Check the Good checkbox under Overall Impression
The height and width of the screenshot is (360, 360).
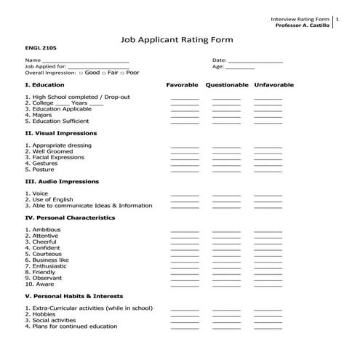click(x=80, y=73)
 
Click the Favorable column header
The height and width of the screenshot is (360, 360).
click(x=182, y=85)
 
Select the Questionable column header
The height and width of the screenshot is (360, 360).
click(x=227, y=85)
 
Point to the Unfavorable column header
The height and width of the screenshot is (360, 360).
click(x=273, y=85)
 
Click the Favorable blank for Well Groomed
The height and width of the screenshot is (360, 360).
click(x=185, y=152)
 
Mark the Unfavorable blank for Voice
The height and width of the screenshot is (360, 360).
click(x=268, y=194)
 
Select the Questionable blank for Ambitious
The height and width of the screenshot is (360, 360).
click(x=226, y=231)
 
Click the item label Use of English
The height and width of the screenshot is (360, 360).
click(x=52, y=199)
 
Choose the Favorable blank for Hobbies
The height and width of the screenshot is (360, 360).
click(x=185, y=315)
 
